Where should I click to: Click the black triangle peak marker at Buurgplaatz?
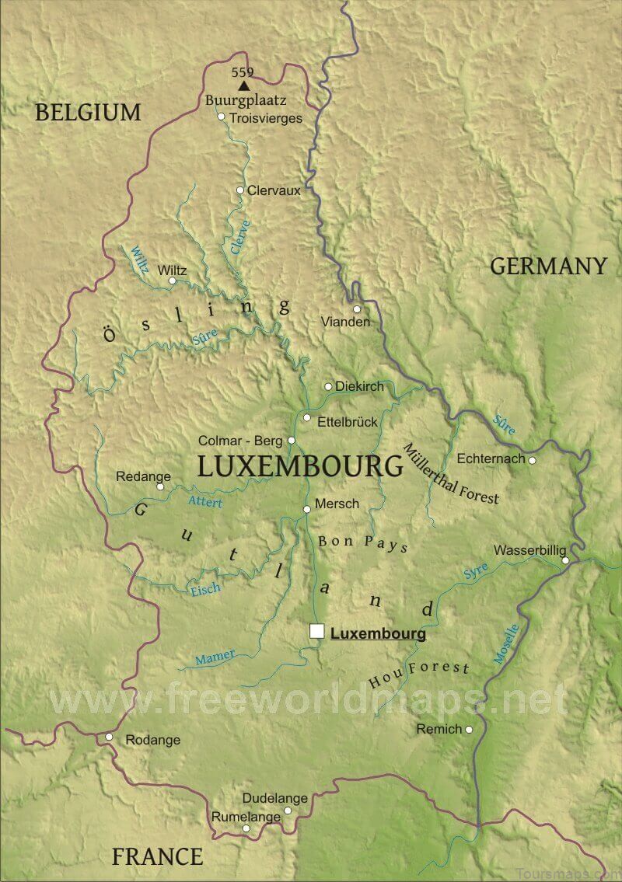[245, 85]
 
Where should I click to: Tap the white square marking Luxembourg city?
[316, 631]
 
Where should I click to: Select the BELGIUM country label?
[88, 113]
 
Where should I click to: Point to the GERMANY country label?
[548, 267]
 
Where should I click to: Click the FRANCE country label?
[157, 857]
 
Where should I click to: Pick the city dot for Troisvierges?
[222, 117]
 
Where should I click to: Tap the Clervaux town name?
[274, 190]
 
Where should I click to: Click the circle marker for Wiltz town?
[173, 281]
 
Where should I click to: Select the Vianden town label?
[345, 322]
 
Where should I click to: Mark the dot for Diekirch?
[328, 386]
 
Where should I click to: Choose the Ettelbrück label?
[348, 422]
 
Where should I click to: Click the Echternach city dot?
[533, 460]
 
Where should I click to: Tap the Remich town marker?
[469, 729]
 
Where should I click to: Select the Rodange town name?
[153, 740]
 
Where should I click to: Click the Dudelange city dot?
[288, 810]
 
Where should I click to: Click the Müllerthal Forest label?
[451, 474]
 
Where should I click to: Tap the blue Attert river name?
[205, 502]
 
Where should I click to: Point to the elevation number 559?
[243, 72]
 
